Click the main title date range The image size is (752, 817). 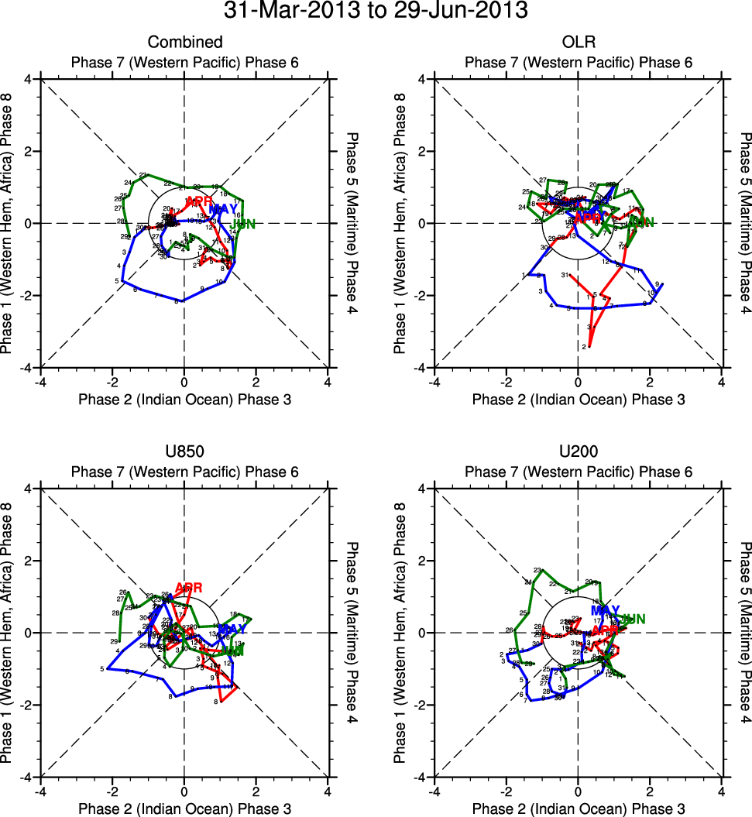pos(376,11)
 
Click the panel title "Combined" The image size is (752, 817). pos(185,42)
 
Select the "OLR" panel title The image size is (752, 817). pos(578,42)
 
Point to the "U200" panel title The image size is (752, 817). pos(578,451)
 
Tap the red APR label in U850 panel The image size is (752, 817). pos(189,588)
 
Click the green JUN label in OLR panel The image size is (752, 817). pos(640,223)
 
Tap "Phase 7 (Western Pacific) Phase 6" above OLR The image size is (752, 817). pos(578,62)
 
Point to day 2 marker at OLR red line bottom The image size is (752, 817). pos(583,347)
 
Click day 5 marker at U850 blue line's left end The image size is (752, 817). pos(101,668)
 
